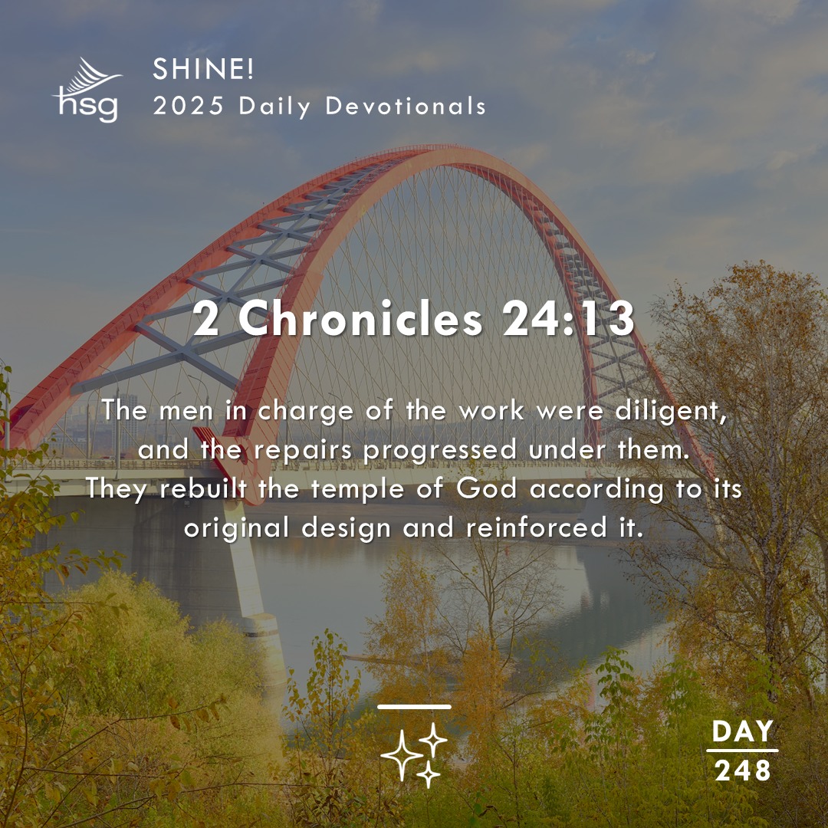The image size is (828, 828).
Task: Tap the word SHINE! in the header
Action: (203, 71)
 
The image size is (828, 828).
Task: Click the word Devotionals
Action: (406, 107)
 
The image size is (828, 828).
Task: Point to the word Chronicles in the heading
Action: (361, 320)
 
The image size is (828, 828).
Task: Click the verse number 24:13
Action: (568, 320)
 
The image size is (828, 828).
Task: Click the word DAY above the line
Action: (742, 732)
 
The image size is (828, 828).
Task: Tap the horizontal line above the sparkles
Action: (415, 707)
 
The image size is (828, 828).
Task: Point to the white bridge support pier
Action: (253, 583)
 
